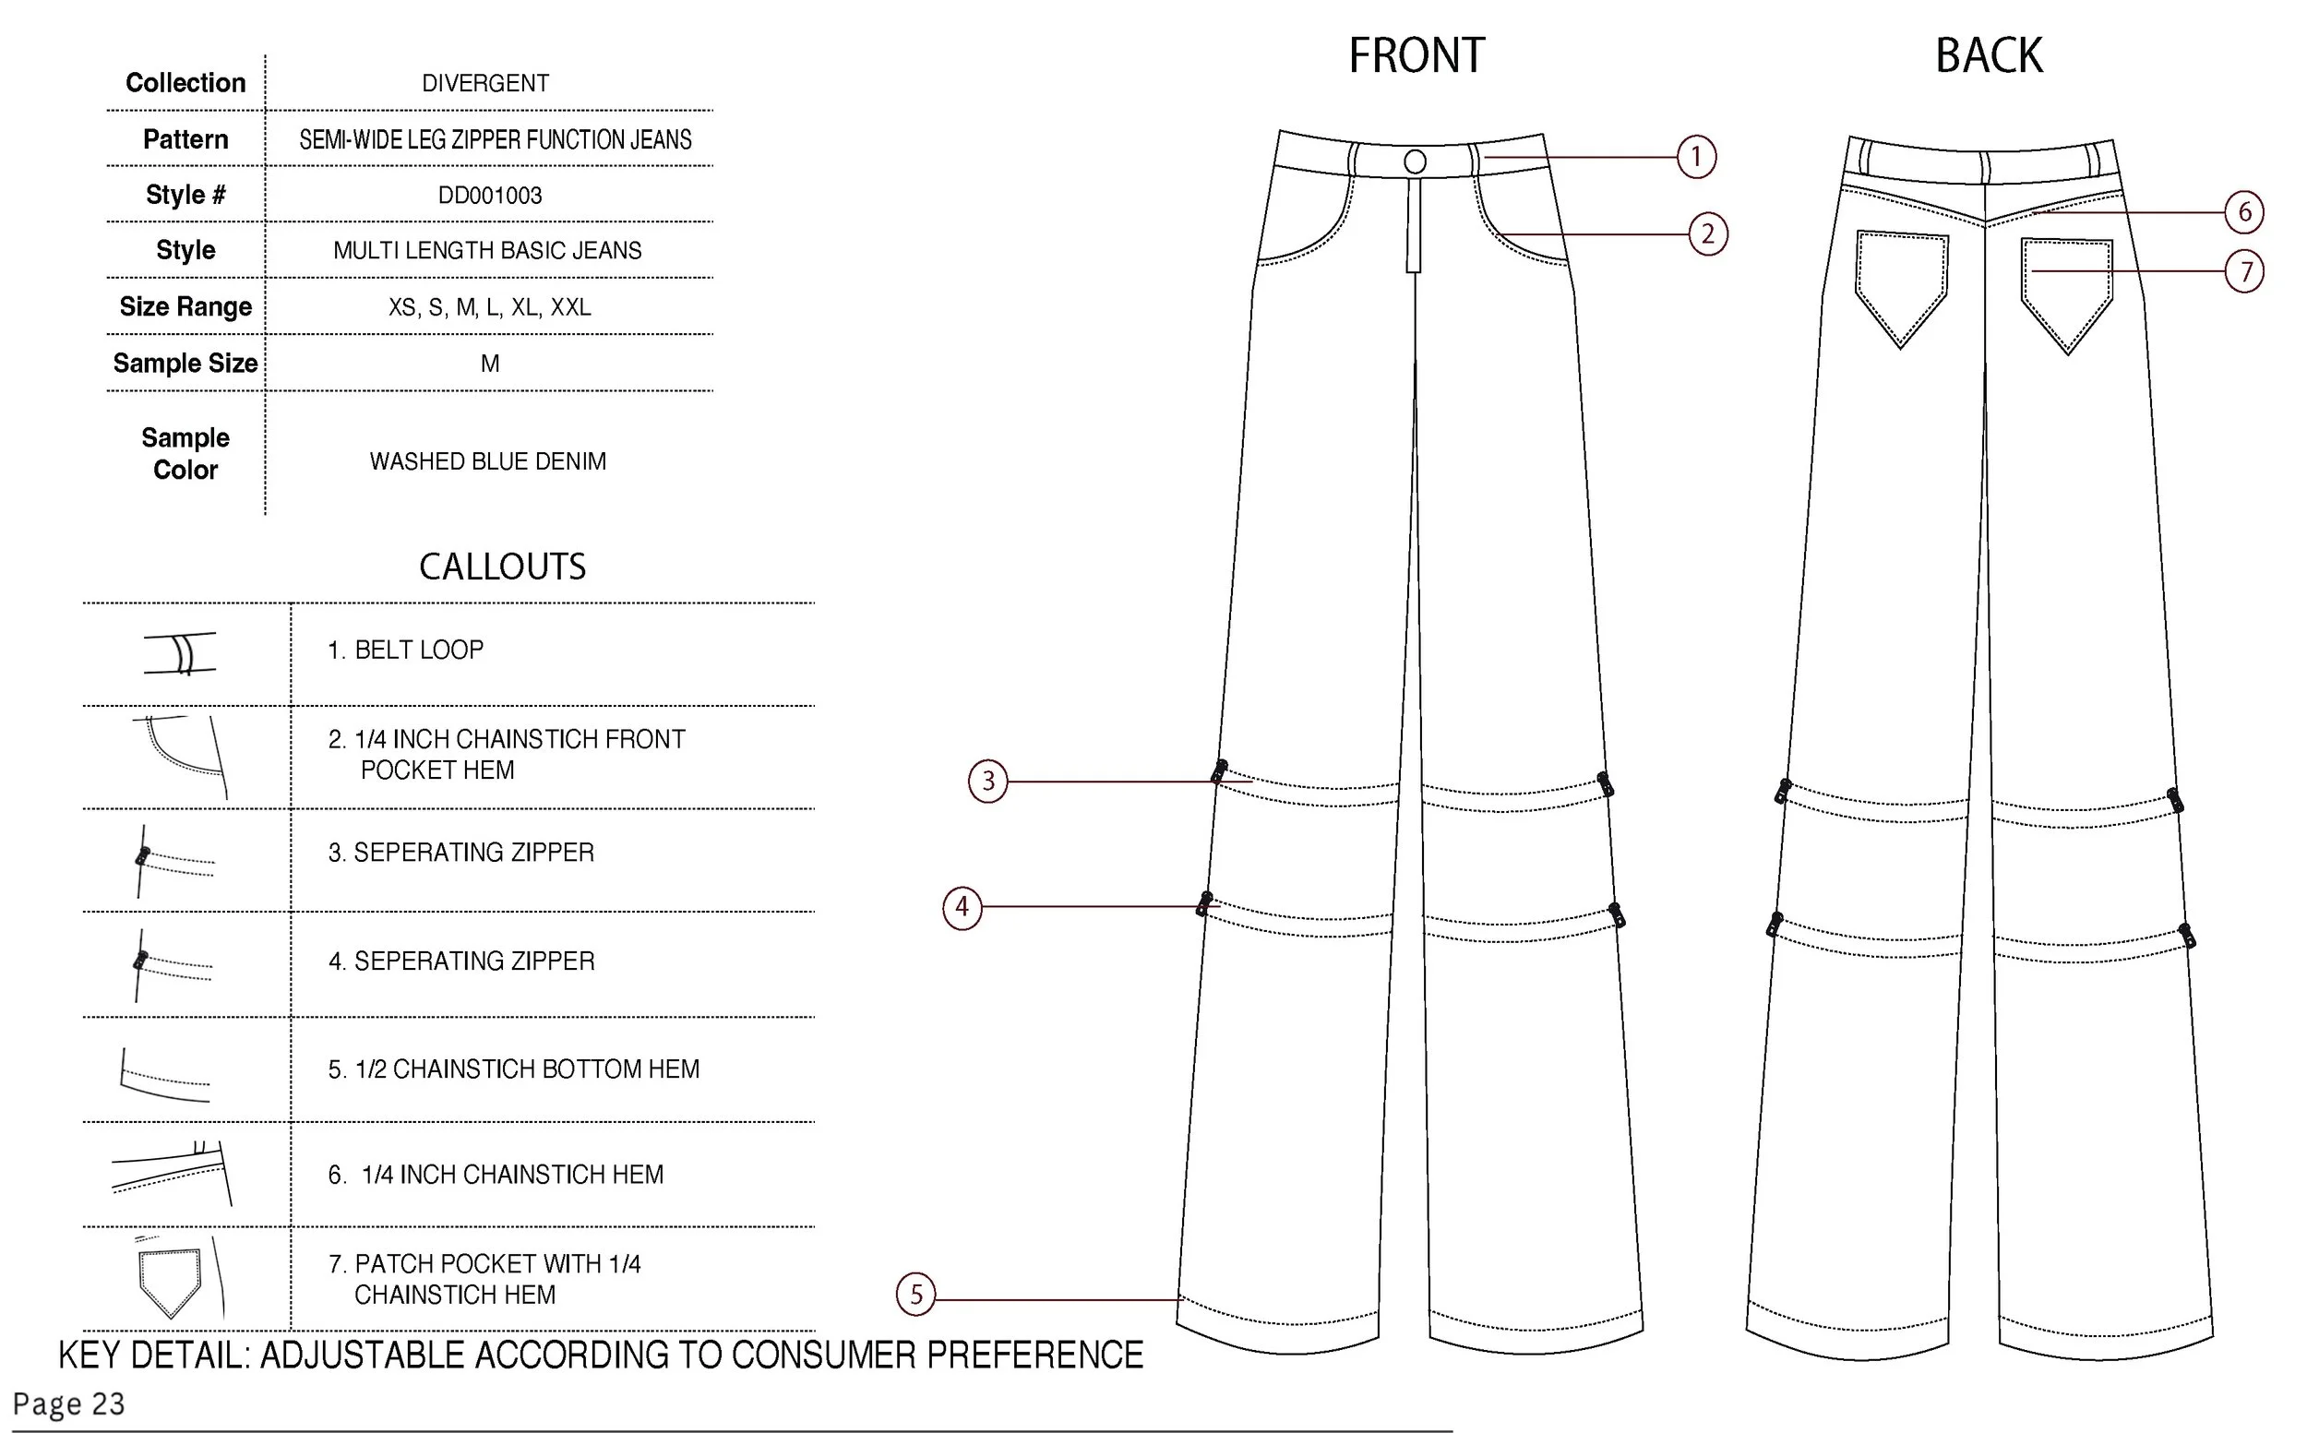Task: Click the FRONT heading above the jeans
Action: (1416, 55)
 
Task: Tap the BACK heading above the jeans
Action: (1989, 55)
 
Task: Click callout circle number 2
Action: (1708, 234)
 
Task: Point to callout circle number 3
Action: (987, 781)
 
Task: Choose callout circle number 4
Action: (962, 907)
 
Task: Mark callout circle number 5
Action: (915, 1295)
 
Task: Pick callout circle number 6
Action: (2244, 212)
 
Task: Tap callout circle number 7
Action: (2244, 272)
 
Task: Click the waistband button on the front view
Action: (1415, 162)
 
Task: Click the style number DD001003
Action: (489, 196)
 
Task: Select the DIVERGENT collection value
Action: (485, 83)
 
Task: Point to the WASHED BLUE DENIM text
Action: (487, 461)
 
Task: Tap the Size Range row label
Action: (185, 307)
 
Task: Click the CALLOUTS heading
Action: (502, 567)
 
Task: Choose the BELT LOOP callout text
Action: (406, 651)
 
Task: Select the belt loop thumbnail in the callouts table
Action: (181, 653)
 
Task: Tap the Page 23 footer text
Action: (68, 1403)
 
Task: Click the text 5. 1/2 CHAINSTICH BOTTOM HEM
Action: (514, 1069)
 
